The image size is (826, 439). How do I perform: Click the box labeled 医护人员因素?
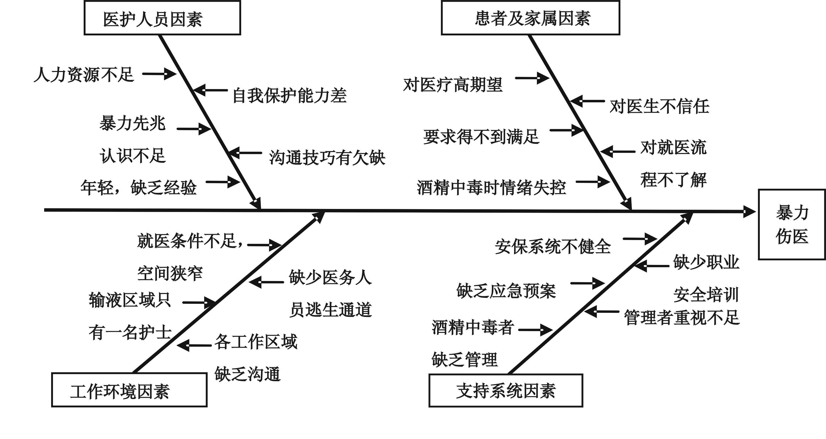tap(162, 18)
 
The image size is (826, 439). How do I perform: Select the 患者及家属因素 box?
tap(530, 18)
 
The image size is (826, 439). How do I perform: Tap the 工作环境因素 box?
tap(129, 390)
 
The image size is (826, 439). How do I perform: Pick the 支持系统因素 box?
tap(506, 390)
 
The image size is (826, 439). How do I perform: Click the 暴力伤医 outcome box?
tap(792, 225)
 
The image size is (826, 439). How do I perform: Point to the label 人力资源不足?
tap(84, 75)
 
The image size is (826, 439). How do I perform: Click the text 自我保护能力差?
tap(289, 95)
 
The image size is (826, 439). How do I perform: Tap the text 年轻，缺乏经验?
tap(138, 187)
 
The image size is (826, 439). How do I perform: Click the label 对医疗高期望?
tap(452, 85)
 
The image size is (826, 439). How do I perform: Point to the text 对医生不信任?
tap(659, 106)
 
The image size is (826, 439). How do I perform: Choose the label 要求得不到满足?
tap(481, 137)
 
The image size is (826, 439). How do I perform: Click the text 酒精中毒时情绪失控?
tap(491, 188)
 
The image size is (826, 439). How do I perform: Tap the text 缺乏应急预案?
tap(506, 291)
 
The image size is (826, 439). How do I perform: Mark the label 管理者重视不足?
tap(682, 318)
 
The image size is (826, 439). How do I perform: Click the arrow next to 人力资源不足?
tap(159, 74)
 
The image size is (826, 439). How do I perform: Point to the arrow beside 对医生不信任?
tap(588, 101)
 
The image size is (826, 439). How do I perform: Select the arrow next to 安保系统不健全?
tap(640, 239)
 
